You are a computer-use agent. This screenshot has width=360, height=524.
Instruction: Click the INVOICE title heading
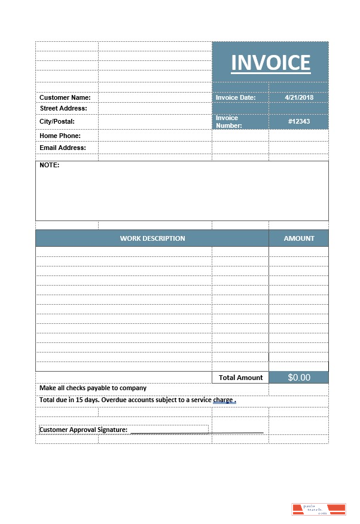click(x=270, y=63)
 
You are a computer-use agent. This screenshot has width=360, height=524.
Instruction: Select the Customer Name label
click(x=65, y=97)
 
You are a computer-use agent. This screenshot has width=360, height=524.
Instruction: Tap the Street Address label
click(x=63, y=108)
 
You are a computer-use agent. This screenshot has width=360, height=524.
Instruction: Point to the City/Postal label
click(x=57, y=121)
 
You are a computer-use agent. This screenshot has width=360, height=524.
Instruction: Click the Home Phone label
click(x=60, y=136)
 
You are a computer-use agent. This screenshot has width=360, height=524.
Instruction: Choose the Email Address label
click(x=63, y=148)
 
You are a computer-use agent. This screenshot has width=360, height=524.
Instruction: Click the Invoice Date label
click(x=236, y=97)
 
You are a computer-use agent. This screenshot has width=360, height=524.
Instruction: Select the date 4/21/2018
click(x=299, y=97)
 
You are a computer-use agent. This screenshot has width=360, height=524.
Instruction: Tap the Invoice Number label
click(x=229, y=122)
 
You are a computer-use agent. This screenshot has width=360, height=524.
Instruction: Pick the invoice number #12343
click(x=299, y=121)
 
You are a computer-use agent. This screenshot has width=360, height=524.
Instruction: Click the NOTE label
click(x=50, y=165)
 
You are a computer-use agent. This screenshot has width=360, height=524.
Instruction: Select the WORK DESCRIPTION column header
click(x=152, y=238)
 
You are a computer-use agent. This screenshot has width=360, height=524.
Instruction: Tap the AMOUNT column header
click(x=299, y=238)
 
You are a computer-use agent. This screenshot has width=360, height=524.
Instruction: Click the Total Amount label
click(x=240, y=378)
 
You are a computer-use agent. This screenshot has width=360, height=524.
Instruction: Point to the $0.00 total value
click(x=299, y=378)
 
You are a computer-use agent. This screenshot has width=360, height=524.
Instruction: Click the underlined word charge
click(x=223, y=400)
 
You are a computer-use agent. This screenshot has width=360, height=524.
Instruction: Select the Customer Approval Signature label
click(x=83, y=430)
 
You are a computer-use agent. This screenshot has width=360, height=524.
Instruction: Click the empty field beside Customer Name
click(x=155, y=97)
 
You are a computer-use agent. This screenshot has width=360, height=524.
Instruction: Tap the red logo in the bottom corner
click(x=319, y=509)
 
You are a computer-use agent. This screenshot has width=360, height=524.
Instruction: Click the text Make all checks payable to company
click(x=93, y=388)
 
